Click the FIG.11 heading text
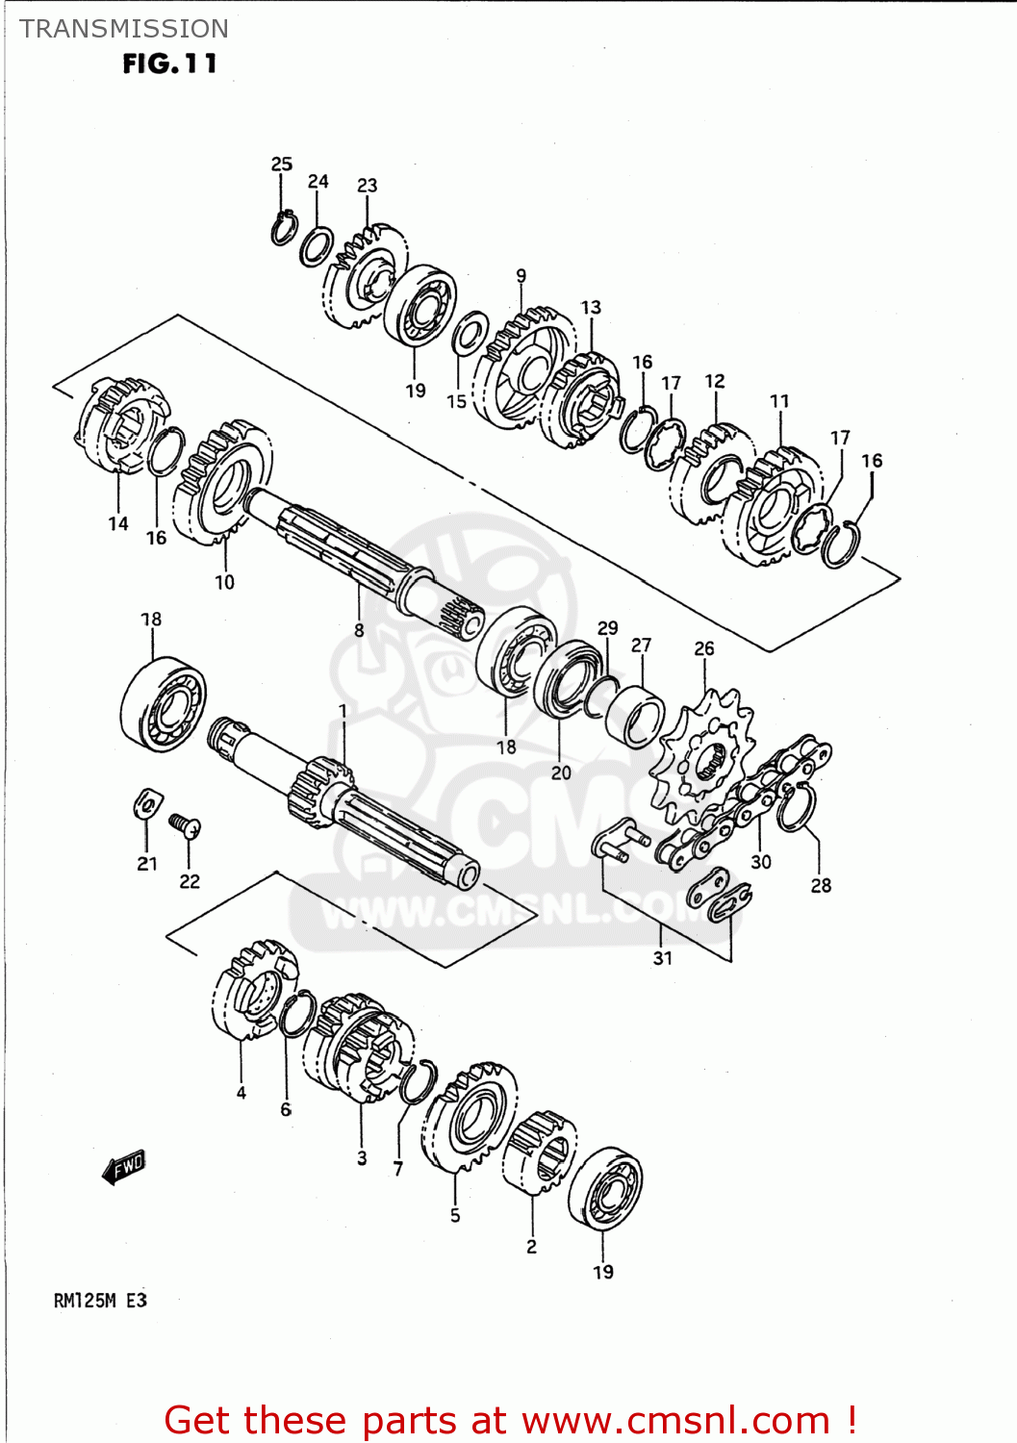pyautogui.click(x=169, y=64)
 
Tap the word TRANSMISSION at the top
pyautogui.click(x=124, y=29)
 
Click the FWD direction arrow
pyautogui.click(x=124, y=1167)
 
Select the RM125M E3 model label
pyautogui.click(x=100, y=1301)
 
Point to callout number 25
pyautogui.click(x=281, y=165)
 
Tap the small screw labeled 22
pyautogui.click(x=185, y=825)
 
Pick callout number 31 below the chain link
pyautogui.click(x=662, y=957)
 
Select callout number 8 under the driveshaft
pyautogui.click(x=359, y=630)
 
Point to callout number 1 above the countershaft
pyautogui.click(x=343, y=711)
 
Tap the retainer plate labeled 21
pyautogui.click(x=147, y=804)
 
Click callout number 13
pyautogui.click(x=591, y=307)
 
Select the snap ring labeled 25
pyautogui.click(x=283, y=228)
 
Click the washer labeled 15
pyautogui.click(x=470, y=333)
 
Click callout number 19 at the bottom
pyautogui.click(x=602, y=1272)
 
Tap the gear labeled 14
pyautogui.click(x=121, y=429)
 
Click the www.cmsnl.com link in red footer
pyautogui.click(x=675, y=1420)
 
